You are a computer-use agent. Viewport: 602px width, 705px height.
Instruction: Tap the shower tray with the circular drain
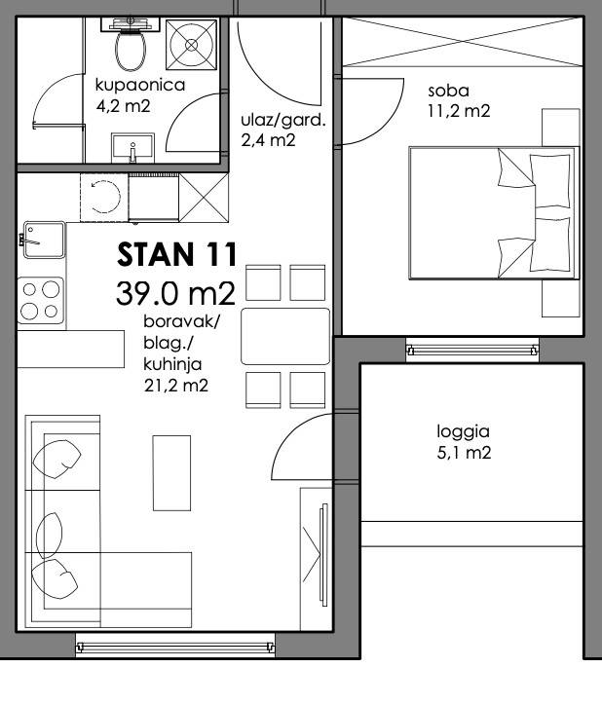click(191, 45)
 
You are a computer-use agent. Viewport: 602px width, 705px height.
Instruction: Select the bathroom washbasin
click(132, 147)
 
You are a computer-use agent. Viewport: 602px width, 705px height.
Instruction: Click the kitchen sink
click(44, 240)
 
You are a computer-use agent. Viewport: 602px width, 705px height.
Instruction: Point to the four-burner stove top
click(41, 300)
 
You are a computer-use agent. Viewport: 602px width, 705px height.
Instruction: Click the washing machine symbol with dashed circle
click(104, 197)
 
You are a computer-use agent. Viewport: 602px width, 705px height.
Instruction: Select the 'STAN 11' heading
click(177, 254)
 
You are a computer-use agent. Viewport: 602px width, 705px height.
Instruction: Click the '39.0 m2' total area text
click(175, 294)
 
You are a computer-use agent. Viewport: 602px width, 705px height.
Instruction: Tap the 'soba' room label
click(448, 91)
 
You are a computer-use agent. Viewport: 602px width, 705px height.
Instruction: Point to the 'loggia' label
click(463, 432)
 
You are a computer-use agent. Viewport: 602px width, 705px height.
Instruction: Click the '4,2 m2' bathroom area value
click(123, 106)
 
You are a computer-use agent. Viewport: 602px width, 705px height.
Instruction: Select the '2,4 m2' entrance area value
click(268, 140)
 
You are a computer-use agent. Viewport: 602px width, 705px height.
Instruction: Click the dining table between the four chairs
click(285, 336)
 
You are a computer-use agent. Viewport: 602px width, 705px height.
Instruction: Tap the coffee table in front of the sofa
click(171, 473)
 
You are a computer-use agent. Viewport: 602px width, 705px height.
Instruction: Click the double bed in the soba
click(494, 212)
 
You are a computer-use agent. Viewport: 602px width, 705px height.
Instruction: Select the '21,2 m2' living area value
click(176, 386)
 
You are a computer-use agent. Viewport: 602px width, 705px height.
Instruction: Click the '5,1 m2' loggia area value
click(464, 453)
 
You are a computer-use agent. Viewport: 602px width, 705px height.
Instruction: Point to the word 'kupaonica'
click(140, 86)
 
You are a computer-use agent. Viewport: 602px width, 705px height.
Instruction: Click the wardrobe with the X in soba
click(463, 42)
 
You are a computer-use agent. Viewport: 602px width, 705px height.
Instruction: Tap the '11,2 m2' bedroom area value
click(459, 111)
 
